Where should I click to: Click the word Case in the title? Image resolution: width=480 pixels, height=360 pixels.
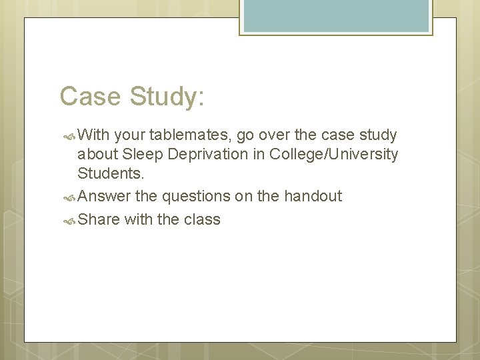click(88, 97)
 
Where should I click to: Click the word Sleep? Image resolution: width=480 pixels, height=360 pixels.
click(141, 155)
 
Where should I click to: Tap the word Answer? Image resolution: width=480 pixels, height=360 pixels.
click(105, 196)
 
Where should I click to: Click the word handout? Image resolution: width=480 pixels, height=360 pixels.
click(313, 196)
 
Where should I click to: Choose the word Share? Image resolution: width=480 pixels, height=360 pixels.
click(99, 219)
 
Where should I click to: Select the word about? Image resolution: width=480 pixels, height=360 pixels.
click(98, 155)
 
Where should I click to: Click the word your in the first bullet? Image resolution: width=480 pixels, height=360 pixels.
click(130, 135)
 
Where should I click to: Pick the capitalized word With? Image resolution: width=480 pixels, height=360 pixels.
click(93, 135)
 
